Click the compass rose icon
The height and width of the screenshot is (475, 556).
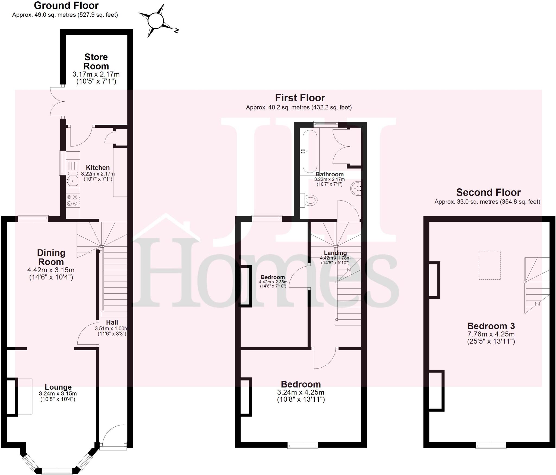(156, 21)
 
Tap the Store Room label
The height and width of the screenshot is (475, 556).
(96, 61)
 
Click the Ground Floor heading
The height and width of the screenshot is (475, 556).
(66, 5)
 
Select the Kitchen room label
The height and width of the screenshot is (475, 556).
(98, 168)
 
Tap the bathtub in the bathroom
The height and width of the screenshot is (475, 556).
(310, 151)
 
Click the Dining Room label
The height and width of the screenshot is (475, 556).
(51, 257)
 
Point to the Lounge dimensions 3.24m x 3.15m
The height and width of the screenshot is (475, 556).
(58, 393)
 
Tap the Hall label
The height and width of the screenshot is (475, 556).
(112, 322)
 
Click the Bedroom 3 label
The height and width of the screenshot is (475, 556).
(491, 326)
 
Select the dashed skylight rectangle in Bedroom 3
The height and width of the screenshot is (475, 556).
(489, 265)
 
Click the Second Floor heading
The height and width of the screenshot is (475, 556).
(488, 192)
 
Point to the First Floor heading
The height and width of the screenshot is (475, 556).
(300, 98)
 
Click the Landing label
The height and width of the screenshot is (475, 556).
(335, 253)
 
